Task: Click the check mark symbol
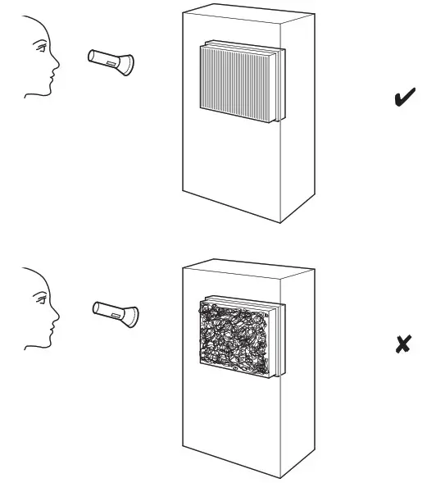click(x=402, y=100)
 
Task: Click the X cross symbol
click(x=402, y=344)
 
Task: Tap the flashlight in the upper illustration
click(x=111, y=59)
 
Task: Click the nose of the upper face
click(x=57, y=66)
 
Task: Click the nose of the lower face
click(x=57, y=317)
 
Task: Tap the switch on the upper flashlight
click(x=110, y=59)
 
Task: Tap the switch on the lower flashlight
click(x=112, y=311)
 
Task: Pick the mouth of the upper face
click(x=52, y=79)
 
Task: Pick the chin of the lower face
click(x=48, y=344)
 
